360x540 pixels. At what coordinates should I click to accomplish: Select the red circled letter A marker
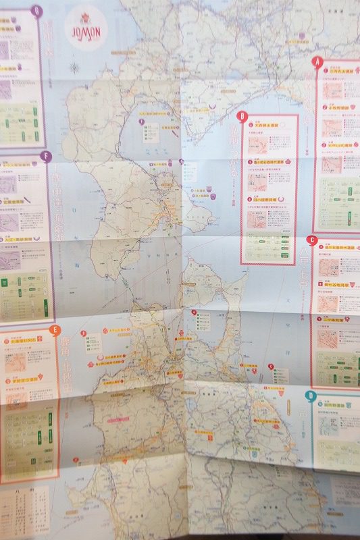click(315, 61)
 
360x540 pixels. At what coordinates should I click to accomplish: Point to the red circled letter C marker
click(311, 240)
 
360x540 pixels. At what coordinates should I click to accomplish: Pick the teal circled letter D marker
click(310, 396)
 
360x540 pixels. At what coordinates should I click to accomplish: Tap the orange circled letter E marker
click(55, 330)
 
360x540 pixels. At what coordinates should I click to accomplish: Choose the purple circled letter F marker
click(46, 157)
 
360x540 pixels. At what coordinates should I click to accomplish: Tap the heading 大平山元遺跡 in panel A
click(338, 145)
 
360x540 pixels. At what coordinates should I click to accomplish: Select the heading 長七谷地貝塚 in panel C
click(337, 286)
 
